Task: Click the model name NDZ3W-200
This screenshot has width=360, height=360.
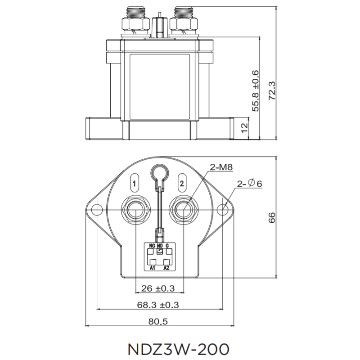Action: point(179,349)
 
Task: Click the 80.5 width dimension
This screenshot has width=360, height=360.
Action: point(158,322)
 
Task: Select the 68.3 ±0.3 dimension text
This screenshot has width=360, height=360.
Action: point(158,305)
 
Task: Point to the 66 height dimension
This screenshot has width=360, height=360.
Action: point(272,217)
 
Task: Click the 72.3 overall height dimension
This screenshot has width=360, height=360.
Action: point(272,90)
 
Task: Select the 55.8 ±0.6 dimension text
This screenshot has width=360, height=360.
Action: point(256,90)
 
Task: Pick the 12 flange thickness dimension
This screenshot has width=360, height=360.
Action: point(245,127)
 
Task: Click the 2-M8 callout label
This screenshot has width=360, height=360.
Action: point(220,168)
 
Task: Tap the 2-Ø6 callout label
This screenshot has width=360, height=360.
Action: point(249,184)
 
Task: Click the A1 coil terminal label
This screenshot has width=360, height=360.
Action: point(153,268)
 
